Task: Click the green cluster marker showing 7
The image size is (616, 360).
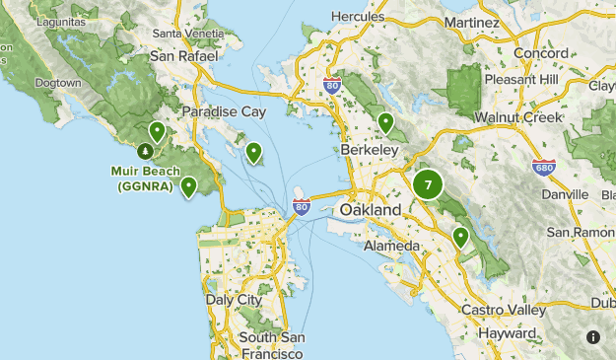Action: (428, 184)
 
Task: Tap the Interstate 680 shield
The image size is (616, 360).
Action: (542, 168)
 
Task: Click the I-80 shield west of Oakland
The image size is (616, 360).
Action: (302, 206)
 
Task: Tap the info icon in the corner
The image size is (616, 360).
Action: (593, 337)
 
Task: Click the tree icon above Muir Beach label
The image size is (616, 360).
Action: (145, 151)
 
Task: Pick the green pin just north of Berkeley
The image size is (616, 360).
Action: (386, 122)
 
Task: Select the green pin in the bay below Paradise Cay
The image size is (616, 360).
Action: (254, 152)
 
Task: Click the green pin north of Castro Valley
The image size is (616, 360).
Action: (460, 236)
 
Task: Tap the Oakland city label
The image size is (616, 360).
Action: (370, 211)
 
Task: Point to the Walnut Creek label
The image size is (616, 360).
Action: (516, 117)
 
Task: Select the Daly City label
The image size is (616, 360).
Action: (234, 299)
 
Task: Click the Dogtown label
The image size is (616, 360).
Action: (56, 83)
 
